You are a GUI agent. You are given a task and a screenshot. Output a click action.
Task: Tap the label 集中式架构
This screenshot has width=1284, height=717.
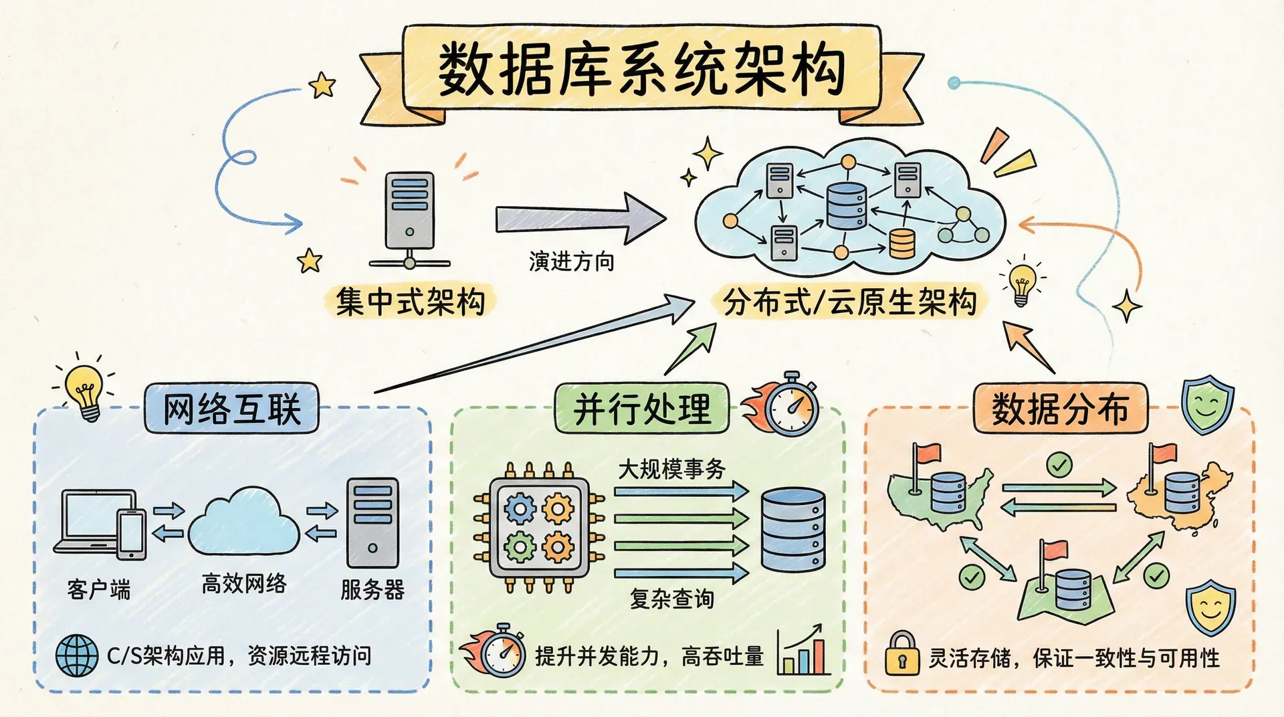pos(411,301)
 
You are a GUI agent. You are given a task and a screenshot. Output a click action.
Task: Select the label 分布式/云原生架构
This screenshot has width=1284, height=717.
pos(849,302)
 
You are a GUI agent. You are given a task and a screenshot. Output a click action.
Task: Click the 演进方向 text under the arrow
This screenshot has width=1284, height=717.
pos(571,261)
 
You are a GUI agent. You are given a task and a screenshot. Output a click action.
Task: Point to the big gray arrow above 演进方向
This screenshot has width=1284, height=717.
pos(579,218)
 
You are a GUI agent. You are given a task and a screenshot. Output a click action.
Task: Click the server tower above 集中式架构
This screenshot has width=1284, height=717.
pos(409,211)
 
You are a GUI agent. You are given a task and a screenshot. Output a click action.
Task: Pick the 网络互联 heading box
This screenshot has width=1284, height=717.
pos(231,408)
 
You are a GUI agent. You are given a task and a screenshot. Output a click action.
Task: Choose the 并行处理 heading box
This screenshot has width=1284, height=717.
pos(642,408)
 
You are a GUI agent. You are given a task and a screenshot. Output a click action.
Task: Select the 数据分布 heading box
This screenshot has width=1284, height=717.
pos(1060,408)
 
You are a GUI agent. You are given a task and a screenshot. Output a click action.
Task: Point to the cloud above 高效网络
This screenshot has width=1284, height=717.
pos(243,521)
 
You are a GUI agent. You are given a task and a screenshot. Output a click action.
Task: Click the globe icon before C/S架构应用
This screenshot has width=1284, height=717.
pos(77,655)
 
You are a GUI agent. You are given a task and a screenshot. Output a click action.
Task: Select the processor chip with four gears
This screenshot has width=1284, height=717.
pos(539,528)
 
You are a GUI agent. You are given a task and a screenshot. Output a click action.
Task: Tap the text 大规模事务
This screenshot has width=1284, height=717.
pos(671,469)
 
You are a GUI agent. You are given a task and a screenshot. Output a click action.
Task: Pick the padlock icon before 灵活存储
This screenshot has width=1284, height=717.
pos(902,653)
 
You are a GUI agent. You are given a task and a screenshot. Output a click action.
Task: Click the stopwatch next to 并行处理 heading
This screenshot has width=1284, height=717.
pos(791,405)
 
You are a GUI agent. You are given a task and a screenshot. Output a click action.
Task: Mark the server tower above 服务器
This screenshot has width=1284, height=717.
pos(372,524)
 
